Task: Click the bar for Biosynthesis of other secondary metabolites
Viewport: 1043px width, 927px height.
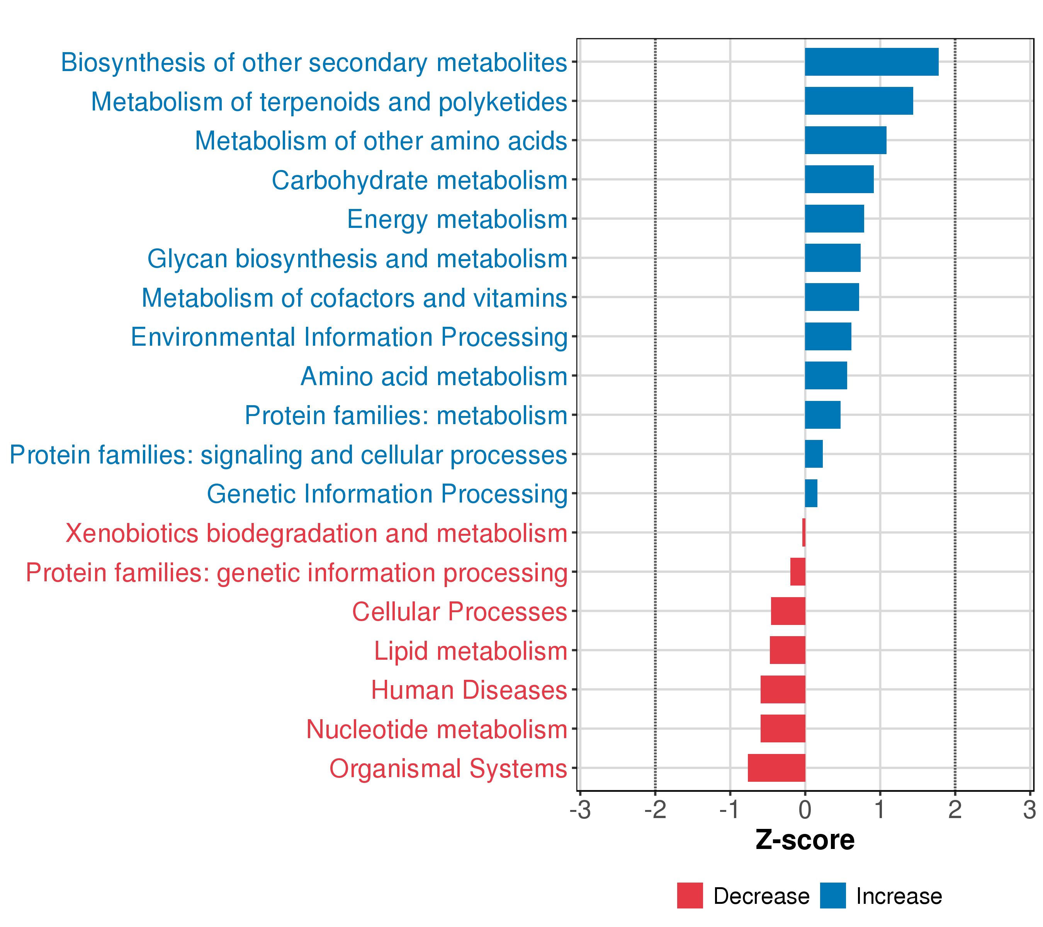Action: [871, 62]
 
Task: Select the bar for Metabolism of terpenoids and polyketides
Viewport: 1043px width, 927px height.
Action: [858, 101]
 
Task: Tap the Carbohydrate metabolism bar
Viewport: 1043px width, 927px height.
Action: [839, 180]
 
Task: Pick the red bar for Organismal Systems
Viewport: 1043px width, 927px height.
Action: [776, 768]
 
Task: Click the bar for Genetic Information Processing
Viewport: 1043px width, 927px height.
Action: [811, 493]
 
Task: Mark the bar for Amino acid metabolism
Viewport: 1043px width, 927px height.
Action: [826, 375]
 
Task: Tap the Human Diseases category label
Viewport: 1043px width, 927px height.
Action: [469, 690]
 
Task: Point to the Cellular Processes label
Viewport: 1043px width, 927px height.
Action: [459, 611]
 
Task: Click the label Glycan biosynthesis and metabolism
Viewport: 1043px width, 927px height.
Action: [357, 259]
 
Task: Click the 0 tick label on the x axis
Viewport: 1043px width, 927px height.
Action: [805, 810]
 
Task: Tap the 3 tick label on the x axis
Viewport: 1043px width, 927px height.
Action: [1029, 810]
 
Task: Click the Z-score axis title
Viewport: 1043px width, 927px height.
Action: [805, 840]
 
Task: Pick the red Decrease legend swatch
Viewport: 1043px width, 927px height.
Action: [690, 895]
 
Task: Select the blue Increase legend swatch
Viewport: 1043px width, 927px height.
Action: [833, 895]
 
